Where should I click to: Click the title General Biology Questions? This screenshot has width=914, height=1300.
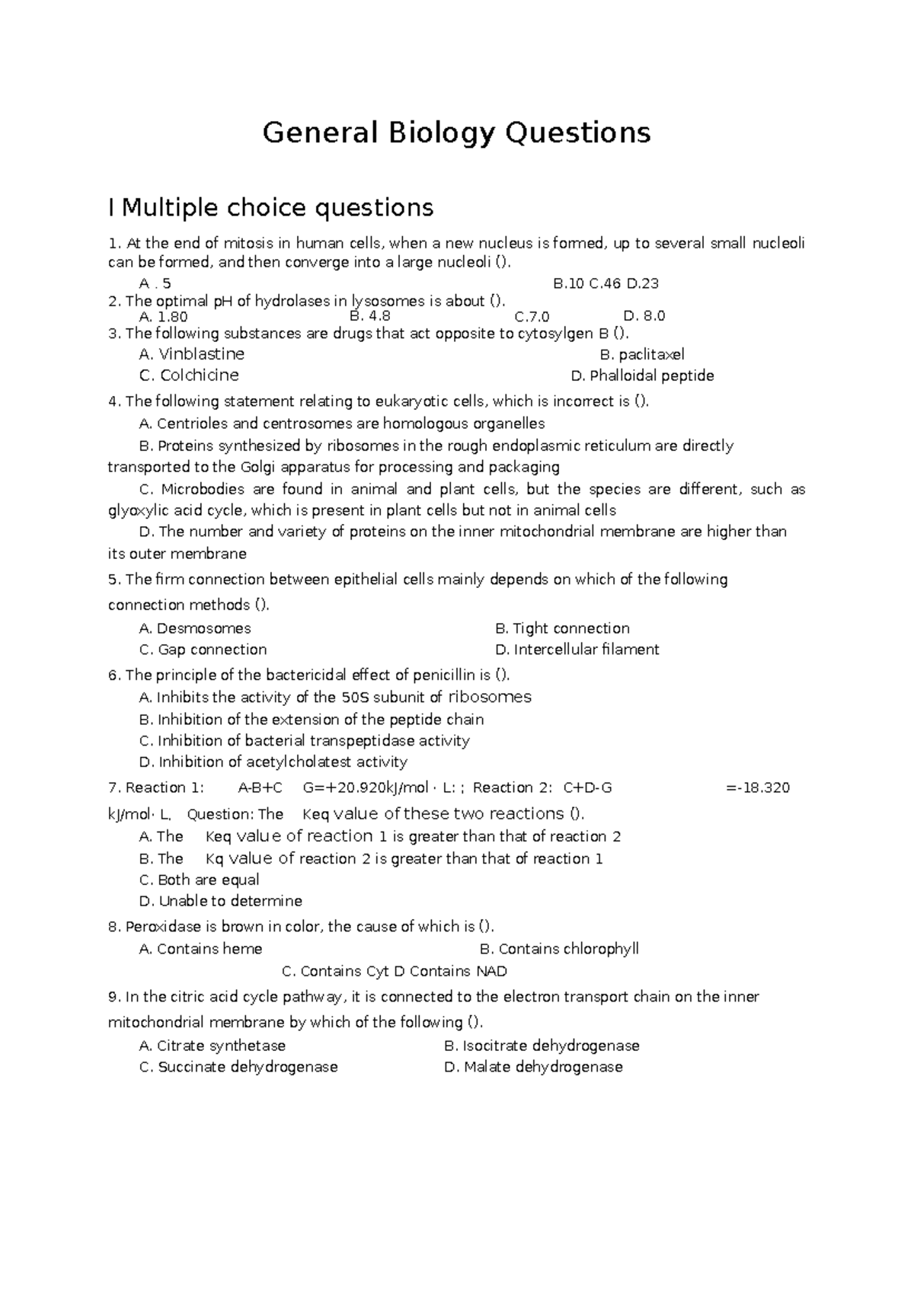[x=456, y=133]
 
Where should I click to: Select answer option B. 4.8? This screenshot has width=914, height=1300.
[x=369, y=315]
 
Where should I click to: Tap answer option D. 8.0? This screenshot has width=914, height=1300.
[x=644, y=316]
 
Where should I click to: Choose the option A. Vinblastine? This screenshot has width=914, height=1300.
[x=192, y=354]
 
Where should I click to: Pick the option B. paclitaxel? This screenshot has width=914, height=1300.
[x=642, y=355]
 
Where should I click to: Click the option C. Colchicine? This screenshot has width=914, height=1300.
[x=189, y=375]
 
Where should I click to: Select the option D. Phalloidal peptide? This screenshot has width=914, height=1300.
[x=642, y=376]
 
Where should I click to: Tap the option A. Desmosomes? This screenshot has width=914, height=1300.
[x=195, y=628]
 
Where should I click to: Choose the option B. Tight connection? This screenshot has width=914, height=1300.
[x=562, y=628]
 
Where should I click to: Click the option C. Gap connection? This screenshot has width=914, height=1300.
[x=203, y=650]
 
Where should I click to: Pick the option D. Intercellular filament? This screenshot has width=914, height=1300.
[x=577, y=650]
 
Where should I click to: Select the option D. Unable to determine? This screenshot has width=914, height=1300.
[x=221, y=901]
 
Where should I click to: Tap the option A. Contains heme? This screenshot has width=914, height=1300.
[x=201, y=949]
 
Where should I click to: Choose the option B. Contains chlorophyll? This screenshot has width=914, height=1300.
[x=559, y=949]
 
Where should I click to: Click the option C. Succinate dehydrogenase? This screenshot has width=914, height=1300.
[x=238, y=1067]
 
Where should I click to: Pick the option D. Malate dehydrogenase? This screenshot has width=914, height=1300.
[x=533, y=1067]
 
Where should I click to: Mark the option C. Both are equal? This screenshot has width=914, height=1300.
[x=200, y=880]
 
